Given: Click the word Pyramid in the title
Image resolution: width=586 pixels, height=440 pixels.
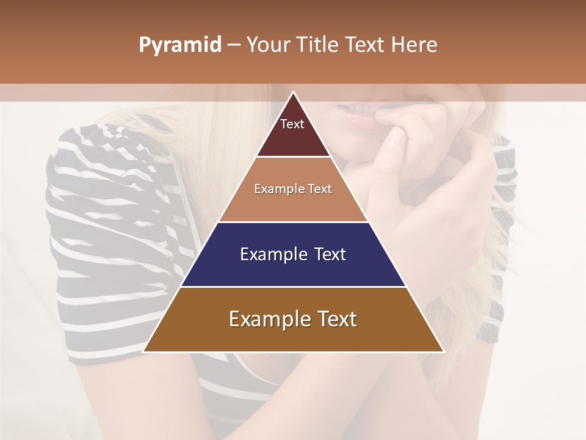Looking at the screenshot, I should click(180, 45).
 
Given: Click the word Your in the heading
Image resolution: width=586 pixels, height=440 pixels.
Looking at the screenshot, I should click(266, 45).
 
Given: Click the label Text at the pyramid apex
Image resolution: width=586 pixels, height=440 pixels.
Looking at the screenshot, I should click(292, 124).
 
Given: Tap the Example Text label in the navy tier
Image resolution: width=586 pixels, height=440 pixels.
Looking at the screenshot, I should click(293, 254).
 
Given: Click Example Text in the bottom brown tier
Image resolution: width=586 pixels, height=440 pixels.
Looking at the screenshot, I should click(293, 319).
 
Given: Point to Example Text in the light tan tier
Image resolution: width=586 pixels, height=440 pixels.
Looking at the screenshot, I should click(293, 189).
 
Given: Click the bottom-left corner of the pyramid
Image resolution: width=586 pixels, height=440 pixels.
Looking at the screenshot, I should click(143, 351).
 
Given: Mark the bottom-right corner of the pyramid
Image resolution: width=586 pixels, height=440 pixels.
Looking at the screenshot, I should click(443, 351).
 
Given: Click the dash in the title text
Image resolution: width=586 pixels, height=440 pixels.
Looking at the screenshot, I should click(234, 45).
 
